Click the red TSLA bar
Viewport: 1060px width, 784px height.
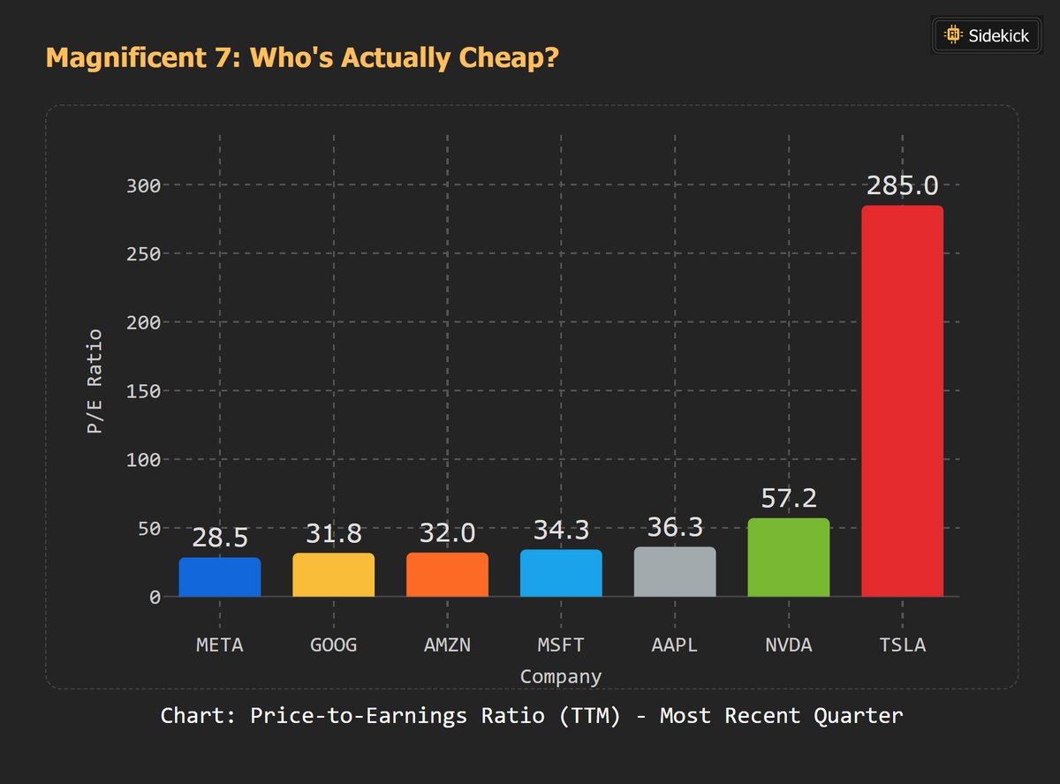(x=902, y=401)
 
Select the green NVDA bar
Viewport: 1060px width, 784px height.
(x=788, y=557)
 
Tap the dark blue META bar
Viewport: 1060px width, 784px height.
(x=220, y=577)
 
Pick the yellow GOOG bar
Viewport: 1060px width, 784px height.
(x=334, y=575)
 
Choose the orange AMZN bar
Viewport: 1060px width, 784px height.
(x=447, y=575)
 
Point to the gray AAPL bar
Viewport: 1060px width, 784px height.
(x=675, y=572)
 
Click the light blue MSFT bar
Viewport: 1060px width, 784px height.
(x=561, y=573)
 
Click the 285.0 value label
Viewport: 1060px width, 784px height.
(x=902, y=186)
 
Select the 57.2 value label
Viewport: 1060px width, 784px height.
(x=788, y=499)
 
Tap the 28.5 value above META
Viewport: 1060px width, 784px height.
(x=220, y=538)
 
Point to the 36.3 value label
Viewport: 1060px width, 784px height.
(x=675, y=528)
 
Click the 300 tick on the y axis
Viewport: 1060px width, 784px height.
(x=142, y=185)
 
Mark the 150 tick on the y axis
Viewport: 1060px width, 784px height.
(x=142, y=391)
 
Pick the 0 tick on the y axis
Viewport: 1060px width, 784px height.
(x=155, y=597)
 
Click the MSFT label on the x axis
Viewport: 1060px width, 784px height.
(x=561, y=645)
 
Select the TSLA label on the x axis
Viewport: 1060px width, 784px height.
(x=902, y=645)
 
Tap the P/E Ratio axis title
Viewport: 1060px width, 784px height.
(x=94, y=381)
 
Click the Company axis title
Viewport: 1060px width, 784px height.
(x=561, y=677)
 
